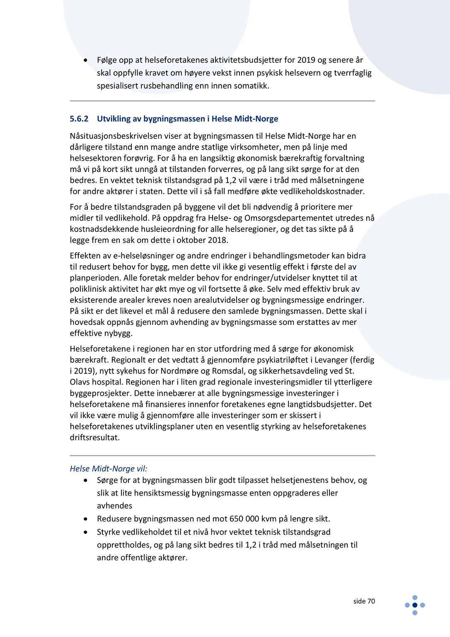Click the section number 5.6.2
tap(79, 119)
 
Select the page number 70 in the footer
tap(371, 601)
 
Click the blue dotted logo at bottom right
tap(415, 605)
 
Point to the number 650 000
tap(242, 519)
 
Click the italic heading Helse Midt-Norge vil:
tap(109, 469)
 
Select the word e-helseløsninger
tap(132, 256)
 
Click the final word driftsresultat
tap(94, 438)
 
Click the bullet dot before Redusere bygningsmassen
tap(85, 519)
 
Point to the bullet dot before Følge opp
tap(85, 60)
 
